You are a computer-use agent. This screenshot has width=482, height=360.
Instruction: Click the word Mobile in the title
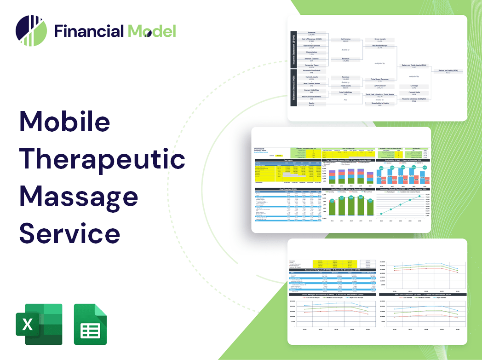point(64,122)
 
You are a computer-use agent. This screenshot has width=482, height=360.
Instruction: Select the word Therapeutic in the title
point(102,159)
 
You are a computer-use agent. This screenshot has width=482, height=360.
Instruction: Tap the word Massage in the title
point(78,197)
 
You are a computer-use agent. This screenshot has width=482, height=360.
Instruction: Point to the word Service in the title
point(69,233)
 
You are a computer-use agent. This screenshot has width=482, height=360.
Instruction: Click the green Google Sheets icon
point(90,324)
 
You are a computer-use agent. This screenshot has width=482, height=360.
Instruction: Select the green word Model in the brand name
point(152,31)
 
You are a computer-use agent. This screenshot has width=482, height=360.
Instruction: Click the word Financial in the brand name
point(89,31)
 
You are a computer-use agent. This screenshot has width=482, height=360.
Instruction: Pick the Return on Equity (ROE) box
point(448,71)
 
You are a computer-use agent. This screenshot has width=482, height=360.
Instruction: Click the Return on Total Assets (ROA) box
point(413,66)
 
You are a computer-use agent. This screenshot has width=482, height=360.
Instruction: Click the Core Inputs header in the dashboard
point(288,160)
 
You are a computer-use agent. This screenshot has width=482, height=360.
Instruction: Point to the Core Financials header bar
point(288,189)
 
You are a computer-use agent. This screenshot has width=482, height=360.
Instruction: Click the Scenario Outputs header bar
point(331,270)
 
